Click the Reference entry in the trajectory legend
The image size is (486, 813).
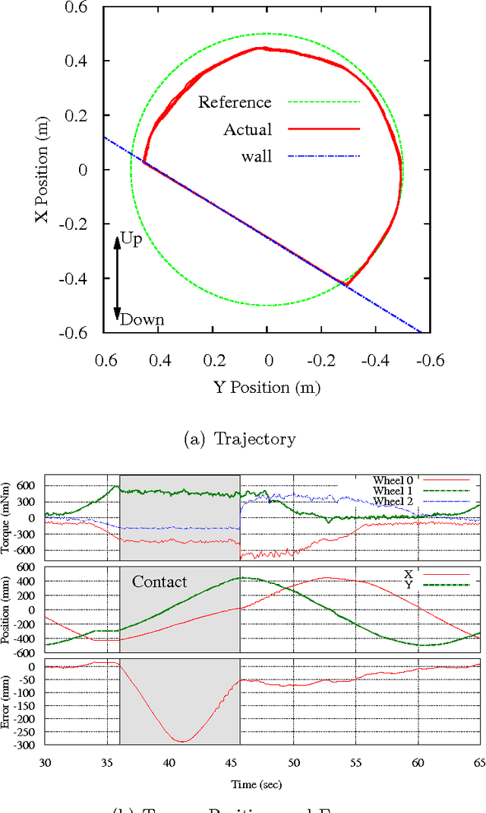(235, 102)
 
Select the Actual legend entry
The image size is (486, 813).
(247, 130)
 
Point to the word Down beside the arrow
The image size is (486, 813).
(142, 319)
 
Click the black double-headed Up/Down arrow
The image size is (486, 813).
(117, 278)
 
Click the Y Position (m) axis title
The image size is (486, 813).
(267, 388)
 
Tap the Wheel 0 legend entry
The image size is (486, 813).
(393, 480)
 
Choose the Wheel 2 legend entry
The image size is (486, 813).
(393, 501)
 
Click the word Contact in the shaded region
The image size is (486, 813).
(159, 582)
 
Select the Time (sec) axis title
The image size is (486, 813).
(257, 783)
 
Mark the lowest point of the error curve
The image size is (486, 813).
(182, 742)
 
